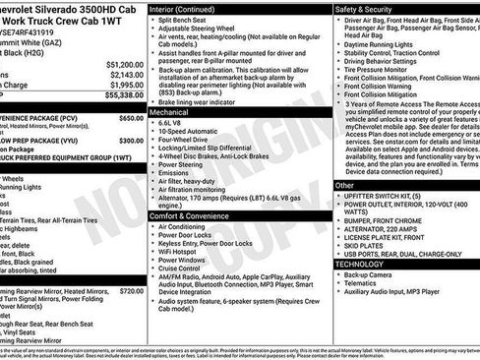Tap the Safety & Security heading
pos(364,8)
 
